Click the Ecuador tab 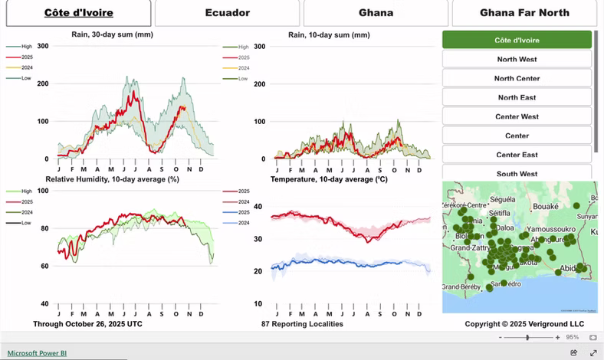(x=227, y=13)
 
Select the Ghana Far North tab (x=524, y=13)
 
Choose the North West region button (x=517, y=59)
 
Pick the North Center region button (x=517, y=78)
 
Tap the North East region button (x=517, y=97)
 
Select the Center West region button (x=517, y=116)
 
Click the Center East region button (x=517, y=155)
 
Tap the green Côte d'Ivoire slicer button (x=517, y=40)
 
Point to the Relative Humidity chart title (x=112, y=179)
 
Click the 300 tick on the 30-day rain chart (x=43, y=46)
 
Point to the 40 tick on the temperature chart (x=258, y=207)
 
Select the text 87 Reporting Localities (x=302, y=324)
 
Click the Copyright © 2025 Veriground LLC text (x=524, y=324)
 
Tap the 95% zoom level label (x=572, y=337)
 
